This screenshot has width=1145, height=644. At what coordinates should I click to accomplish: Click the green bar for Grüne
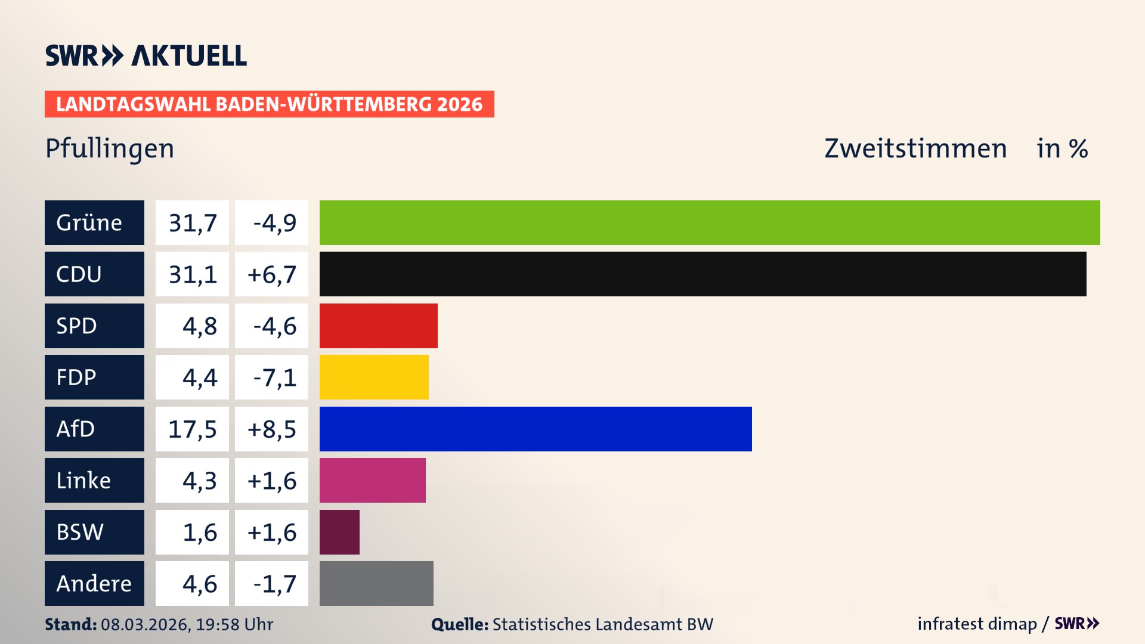coord(710,222)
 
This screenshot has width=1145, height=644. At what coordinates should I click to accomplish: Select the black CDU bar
coord(703,274)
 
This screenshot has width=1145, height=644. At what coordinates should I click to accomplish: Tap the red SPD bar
coord(378,326)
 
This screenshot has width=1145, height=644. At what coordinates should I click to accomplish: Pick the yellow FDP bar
coord(374,377)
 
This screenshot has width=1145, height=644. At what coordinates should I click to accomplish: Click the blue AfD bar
coord(536,429)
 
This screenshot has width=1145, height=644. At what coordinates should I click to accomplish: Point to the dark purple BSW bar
coord(339,532)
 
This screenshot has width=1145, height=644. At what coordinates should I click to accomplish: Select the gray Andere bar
coord(376,583)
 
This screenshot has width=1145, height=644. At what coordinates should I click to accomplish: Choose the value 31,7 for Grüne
coord(192,222)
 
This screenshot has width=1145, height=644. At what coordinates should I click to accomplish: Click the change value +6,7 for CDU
coord(271,274)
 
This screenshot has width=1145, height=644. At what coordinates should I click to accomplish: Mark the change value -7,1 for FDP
coord(274,377)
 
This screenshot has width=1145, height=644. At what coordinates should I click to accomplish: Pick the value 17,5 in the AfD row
coord(192,429)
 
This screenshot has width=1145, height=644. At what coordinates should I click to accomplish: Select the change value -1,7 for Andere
coord(274,583)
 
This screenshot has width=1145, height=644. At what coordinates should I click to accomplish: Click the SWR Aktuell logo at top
coord(146,55)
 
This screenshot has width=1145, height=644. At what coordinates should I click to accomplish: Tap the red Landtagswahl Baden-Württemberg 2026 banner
coord(269,104)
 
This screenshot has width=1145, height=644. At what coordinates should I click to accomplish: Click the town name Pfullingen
coord(110,148)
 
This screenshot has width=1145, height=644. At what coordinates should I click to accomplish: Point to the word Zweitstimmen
coord(915,148)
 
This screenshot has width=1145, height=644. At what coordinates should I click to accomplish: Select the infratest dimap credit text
coord(976,624)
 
